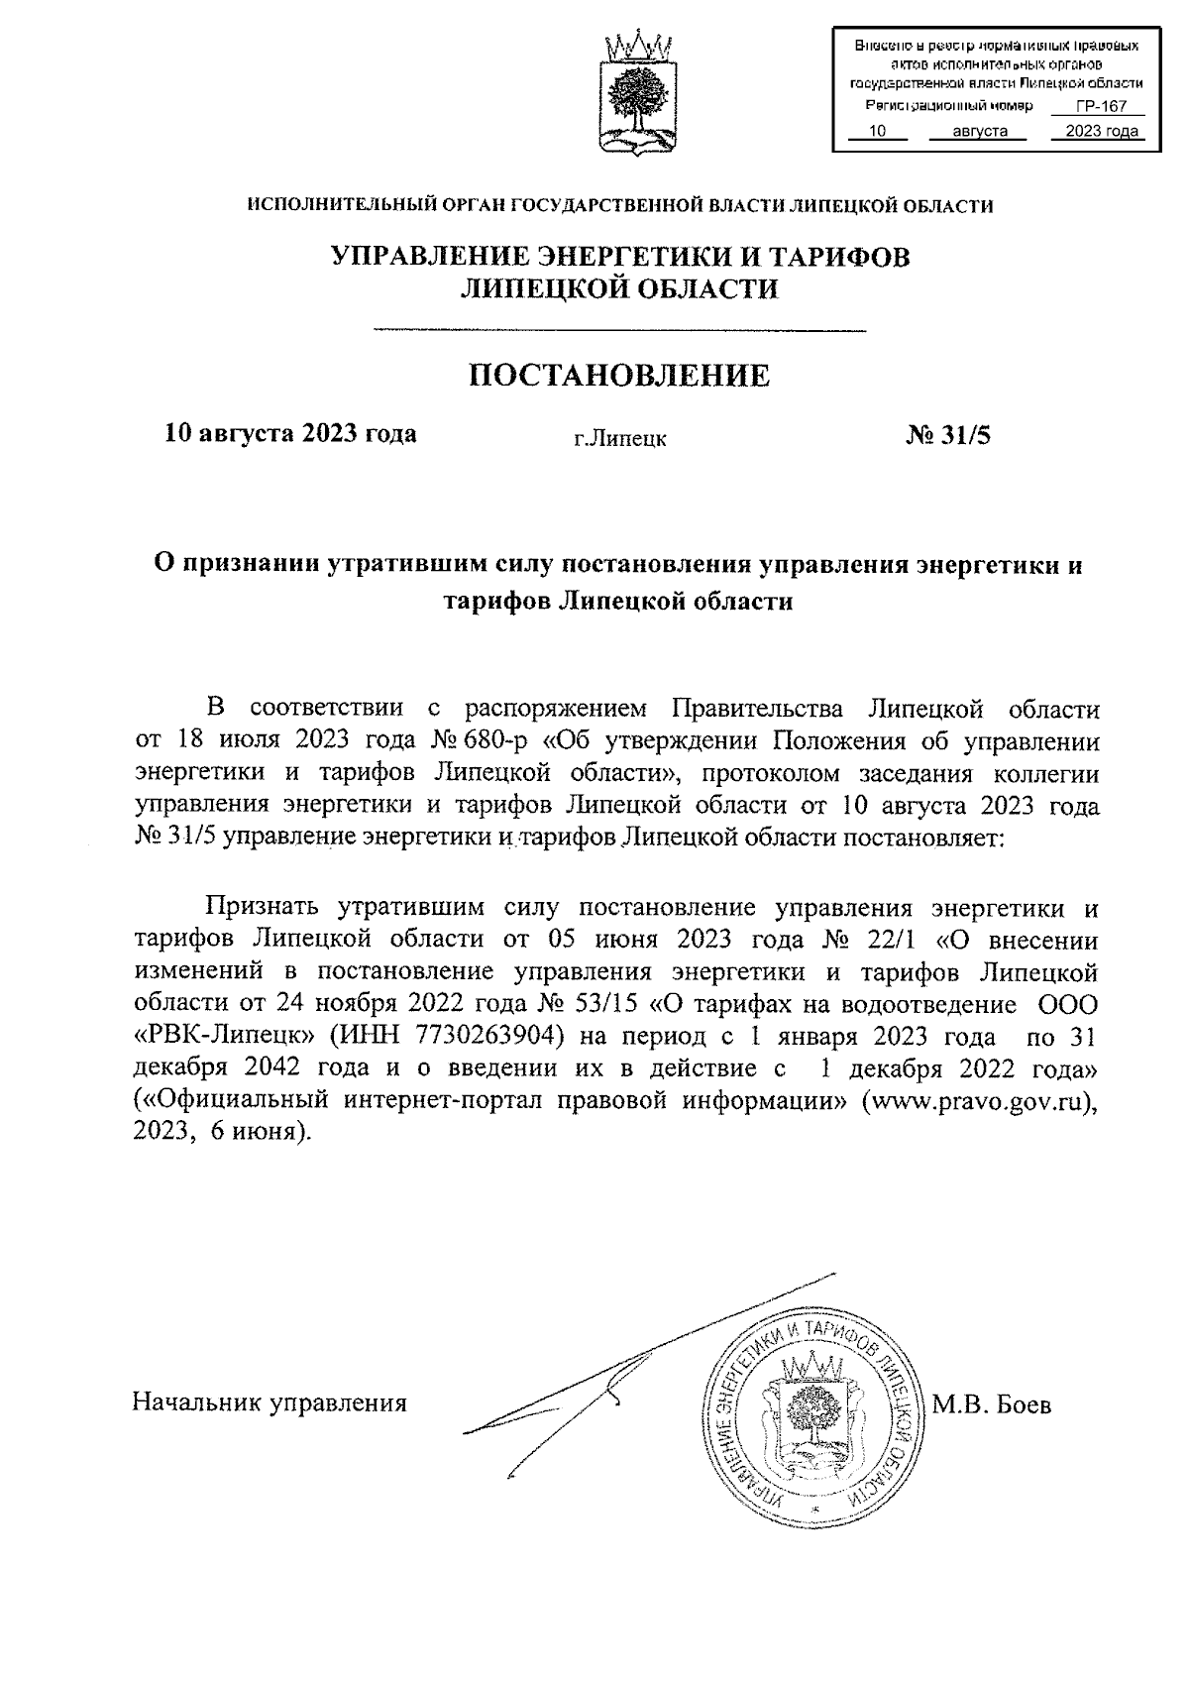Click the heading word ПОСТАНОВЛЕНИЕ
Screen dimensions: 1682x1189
(x=618, y=375)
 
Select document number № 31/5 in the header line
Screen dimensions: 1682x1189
(x=947, y=434)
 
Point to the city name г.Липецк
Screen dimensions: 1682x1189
(x=620, y=438)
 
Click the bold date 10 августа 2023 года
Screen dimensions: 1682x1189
(x=290, y=433)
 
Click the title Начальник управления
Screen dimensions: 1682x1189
(x=270, y=1402)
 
